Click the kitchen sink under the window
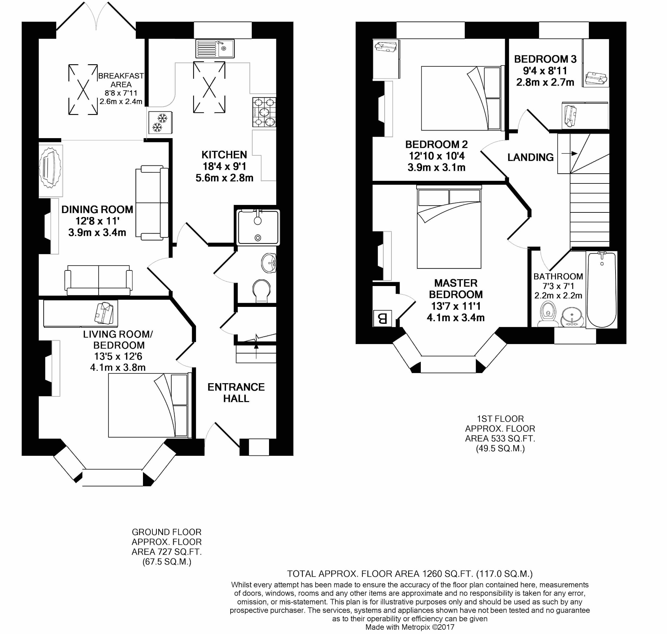[x=215, y=48]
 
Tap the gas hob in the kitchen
[x=264, y=112]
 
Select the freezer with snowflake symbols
[x=160, y=122]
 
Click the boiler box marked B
[x=382, y=318]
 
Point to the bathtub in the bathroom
[x=602, y=289]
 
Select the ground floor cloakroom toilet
[x=262, y=290]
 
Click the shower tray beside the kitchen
[x=258, y=227]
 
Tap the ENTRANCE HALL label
[x=236, y=392]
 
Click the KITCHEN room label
[x=224, y=155]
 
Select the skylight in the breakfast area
[x=83, y=90]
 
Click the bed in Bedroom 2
[x=461, y=98]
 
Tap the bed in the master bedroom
[x=449, y=229]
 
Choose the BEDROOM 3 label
[x=545, y=59]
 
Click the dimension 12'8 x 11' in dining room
[x=97, y=221]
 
